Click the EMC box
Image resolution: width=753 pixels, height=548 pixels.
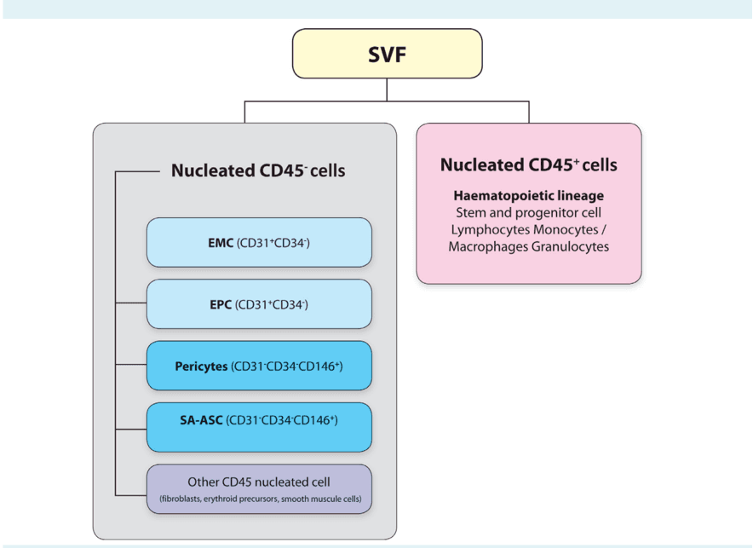pos(259,243)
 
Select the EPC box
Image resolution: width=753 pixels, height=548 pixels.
pos(259,304)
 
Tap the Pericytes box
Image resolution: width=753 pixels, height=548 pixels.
pos(259,366)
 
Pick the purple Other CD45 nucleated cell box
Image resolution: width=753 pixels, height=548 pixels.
pos(259,488)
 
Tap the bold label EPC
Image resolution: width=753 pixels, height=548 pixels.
pos(221,304)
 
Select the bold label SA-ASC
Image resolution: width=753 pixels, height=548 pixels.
pos(201,420)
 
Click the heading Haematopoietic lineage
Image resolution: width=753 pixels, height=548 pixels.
pos(528,196)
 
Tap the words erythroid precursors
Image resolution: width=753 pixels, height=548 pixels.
pos(246,498)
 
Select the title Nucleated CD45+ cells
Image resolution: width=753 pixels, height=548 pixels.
pos(528,164)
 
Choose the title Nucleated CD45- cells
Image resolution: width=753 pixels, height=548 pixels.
pos(258,170)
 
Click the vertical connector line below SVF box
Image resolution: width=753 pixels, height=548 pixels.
pos(387,89)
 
